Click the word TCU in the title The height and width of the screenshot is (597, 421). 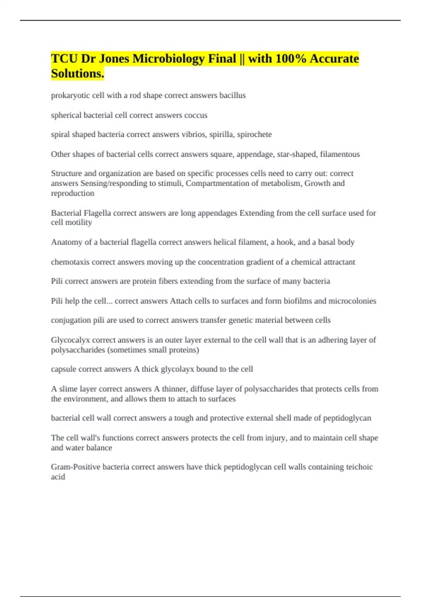64,58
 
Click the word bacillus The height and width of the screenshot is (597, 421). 232,96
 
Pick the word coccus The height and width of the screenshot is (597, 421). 196,115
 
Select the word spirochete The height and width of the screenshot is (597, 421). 254,135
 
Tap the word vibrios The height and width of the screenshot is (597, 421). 194,135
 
